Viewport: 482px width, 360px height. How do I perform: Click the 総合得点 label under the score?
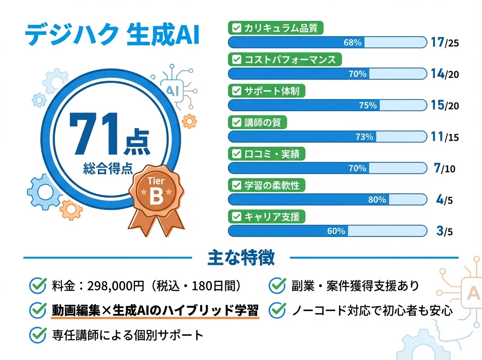[x=108, y=168]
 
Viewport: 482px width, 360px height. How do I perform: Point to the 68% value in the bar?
[x=353, y=42]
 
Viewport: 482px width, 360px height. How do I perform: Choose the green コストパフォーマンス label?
[x=285, y=60]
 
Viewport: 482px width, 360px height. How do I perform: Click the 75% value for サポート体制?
[x=368, y=105]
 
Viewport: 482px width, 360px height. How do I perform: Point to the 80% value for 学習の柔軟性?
[x=377, y=199]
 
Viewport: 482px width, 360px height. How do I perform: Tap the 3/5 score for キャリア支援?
[x=444, y=231]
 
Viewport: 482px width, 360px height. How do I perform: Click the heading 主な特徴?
[x=241, y=258]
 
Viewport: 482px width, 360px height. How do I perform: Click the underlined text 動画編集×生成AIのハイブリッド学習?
[x=155, y=310]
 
